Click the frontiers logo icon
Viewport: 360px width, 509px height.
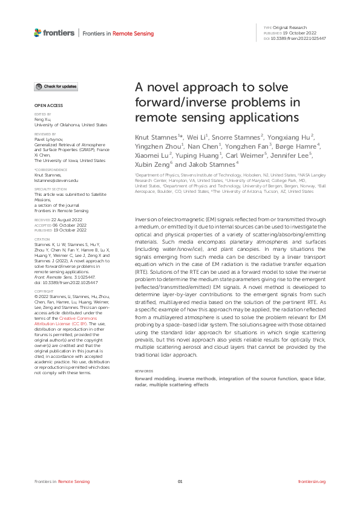click(x=38, y=32)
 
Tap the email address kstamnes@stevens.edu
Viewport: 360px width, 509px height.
click(x=57, y=180)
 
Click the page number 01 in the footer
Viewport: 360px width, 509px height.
click(x=180, y=482)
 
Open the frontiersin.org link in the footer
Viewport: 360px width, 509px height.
click(x=312, y=482)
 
